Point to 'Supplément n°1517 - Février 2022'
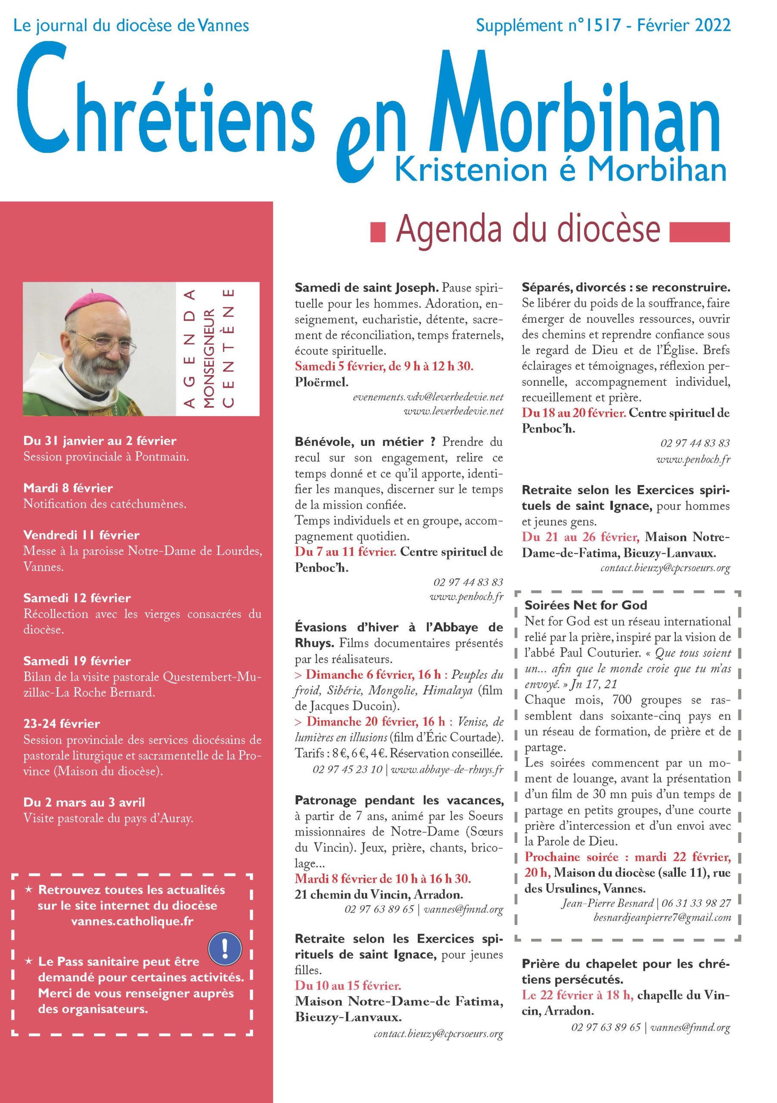pos(603,25)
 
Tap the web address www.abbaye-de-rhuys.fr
pos(447,769)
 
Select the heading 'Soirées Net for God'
pos(586,605)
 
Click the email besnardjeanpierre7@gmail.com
pos(662,918)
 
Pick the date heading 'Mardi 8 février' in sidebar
pos(68,488)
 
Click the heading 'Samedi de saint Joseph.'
pos(367,288)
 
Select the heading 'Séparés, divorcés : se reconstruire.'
pos(626,288)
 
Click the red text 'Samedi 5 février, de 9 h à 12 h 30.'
pos(384,367)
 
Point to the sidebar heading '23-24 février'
pos(62,723)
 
